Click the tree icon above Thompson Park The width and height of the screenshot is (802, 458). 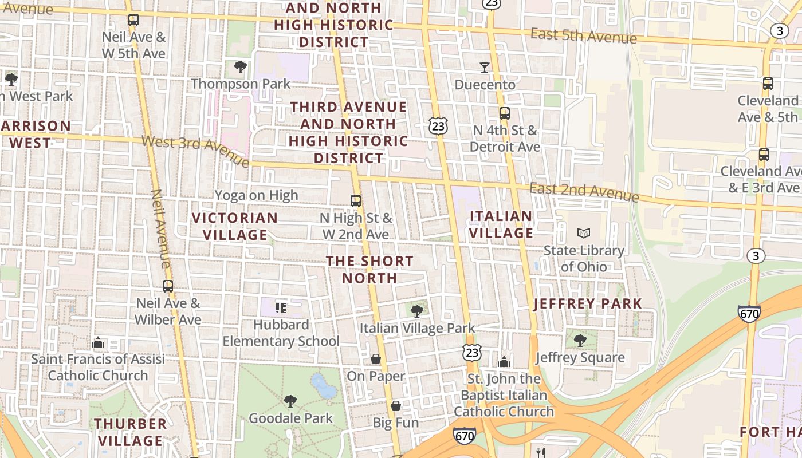pos(241,67)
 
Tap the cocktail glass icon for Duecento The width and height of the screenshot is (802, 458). pos(485,68)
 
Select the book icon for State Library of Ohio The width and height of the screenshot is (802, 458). pos(584,233)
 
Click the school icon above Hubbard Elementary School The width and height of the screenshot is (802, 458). pos(281,308)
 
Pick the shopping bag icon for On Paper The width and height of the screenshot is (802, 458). pos(376,359)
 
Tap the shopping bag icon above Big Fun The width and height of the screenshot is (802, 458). pos(396,406)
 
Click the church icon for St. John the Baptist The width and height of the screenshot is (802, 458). pos(504,362)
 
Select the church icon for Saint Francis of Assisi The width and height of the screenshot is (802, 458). pos(98,342)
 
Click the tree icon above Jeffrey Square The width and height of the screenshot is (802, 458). pos(580,341)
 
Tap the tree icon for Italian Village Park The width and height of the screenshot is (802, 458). pos(417,311)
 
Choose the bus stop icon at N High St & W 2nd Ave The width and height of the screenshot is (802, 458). pos(356,201)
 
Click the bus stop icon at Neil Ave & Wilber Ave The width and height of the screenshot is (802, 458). pos(168,286)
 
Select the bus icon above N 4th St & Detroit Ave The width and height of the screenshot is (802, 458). pos(504,113)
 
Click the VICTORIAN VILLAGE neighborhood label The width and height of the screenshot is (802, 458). pos(235,226)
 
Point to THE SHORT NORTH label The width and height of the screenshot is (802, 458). pos(369,269)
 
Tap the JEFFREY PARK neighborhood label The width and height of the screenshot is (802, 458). pos(588,303)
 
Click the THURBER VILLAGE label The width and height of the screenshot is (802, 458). pos(131,432)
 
